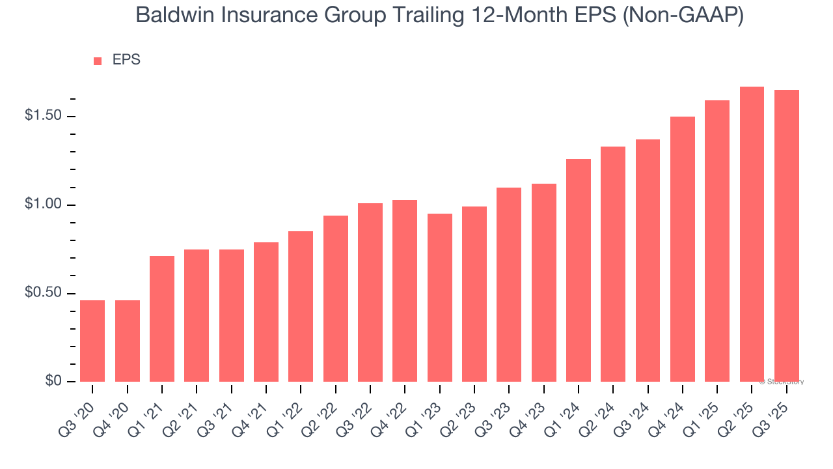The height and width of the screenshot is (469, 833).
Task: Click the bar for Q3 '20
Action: [92, 341]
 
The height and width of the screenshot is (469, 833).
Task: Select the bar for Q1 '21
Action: [162, 319]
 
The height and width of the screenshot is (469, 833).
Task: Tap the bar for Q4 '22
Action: [405, 291]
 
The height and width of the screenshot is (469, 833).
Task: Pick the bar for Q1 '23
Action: [439, 298]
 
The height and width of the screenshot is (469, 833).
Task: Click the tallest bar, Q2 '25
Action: [752, 234]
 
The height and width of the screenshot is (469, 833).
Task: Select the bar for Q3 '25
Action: [786, 236]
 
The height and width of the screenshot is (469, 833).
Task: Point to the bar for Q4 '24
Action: [682, 249]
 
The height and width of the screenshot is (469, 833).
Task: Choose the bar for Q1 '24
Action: [578, 270]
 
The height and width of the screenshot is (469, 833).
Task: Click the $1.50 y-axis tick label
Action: [44, 116]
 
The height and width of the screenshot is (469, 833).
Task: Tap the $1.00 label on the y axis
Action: [44, 205]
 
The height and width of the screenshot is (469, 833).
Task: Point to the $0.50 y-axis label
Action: [44, 293]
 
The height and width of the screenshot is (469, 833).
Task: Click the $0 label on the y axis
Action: [53, 381]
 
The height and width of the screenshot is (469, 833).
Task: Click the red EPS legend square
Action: [98, 61]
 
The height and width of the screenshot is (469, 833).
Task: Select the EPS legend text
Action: [126, 60]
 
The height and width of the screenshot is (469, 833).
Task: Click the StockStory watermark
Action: [782, 382]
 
